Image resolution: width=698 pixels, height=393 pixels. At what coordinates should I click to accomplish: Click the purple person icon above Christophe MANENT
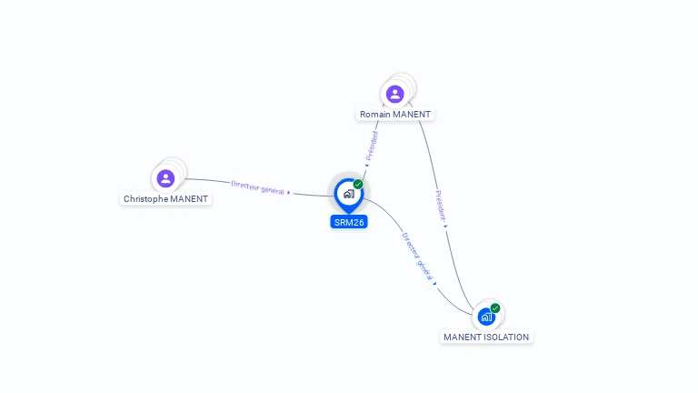(x=165, y=178)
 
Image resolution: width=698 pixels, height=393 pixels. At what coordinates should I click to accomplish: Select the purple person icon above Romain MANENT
(x=394, y=95)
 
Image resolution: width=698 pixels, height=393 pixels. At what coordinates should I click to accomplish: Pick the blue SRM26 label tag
(x=349, y=222)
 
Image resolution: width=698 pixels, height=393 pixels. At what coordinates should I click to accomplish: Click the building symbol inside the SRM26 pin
(x=349, y=194)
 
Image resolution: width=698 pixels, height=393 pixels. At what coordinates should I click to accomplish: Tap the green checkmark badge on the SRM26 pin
(x=358, y=184)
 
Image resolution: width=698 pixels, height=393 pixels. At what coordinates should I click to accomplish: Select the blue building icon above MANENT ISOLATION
(x=486, y=317)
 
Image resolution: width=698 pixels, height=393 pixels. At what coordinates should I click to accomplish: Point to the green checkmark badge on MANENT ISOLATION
(x=495, y=307)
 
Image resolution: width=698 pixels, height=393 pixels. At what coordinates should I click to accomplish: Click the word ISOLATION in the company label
(x=507, y=338)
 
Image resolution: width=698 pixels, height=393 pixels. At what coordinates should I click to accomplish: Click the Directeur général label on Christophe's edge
(x=257, y=187)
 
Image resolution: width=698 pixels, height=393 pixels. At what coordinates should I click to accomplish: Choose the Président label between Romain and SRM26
(x=372, y=146)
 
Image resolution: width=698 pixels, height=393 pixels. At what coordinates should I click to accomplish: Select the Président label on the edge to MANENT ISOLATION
(x=440, y=206)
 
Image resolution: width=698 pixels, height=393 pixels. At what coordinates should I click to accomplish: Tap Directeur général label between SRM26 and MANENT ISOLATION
(x=417, y=257)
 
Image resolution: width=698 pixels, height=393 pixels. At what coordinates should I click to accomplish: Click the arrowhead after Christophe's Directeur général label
(x=289, y=193)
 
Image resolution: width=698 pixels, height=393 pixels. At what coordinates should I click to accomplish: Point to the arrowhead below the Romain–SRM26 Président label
(x=367, y=166)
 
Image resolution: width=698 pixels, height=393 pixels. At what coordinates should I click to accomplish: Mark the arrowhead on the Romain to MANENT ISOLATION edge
(x=445, y=227)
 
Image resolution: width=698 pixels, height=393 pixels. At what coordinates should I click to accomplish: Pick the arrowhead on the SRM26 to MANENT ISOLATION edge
(x=435, y=284)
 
